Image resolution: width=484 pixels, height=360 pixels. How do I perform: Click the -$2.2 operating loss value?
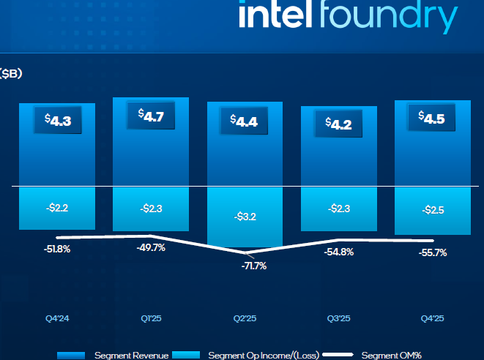[56, 209]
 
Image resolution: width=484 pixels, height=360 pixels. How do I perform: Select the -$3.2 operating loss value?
[244, 217]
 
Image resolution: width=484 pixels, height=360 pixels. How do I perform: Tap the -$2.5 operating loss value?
[431, 211]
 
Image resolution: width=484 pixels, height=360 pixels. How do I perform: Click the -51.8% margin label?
[56, 250]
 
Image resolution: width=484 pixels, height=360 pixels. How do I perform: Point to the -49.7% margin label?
[151, 247]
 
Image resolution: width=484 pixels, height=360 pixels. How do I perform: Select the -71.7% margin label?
[254, 266]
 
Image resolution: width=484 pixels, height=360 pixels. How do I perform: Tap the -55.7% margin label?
[431, 252]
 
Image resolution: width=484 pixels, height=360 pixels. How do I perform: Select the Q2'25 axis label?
[244, 318]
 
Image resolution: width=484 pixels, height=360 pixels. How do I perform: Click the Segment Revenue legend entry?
[131, 355]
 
